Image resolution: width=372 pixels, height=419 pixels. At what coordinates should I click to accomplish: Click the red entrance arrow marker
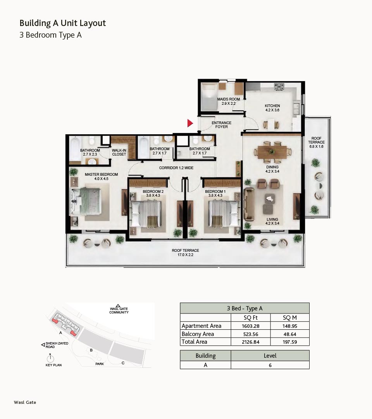(190, 123)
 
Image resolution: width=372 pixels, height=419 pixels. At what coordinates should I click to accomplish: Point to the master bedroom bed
(85, 201)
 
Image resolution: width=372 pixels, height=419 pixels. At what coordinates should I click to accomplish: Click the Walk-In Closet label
(119, 152)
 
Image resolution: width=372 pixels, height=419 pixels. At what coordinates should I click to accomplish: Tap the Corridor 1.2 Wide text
(176, 168)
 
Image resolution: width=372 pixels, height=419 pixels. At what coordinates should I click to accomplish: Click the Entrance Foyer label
(222, 125)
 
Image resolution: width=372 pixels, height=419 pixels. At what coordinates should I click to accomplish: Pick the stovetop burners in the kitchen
(279, 87)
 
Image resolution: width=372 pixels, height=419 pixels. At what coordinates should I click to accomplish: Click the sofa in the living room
(249, 204)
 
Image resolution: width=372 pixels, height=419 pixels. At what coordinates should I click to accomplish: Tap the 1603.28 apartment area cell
(251, 326)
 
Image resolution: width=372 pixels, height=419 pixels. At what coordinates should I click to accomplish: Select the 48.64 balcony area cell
(290, 334)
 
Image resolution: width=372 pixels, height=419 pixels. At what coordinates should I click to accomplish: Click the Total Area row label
(194, 342)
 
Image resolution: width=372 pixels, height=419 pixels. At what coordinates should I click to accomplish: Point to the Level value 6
(270, 365)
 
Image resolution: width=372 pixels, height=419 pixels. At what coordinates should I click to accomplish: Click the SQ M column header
(290, 318)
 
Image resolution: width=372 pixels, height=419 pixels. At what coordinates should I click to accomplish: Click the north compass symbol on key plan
(50, 358)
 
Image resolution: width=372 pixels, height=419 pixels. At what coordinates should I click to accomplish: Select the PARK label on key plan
(100, 364)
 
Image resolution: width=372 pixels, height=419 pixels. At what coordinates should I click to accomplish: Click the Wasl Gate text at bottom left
(25, 402)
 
